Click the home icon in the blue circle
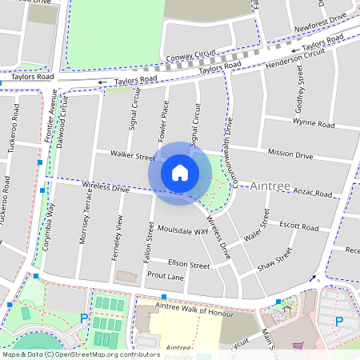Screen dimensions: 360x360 point(180,173)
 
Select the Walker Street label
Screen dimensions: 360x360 point(133,156)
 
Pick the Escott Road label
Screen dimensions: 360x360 point(299,226)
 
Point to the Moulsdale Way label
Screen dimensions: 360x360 point(185,230)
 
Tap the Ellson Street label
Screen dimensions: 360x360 point(189,263)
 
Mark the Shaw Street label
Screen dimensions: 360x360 point(274,258)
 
